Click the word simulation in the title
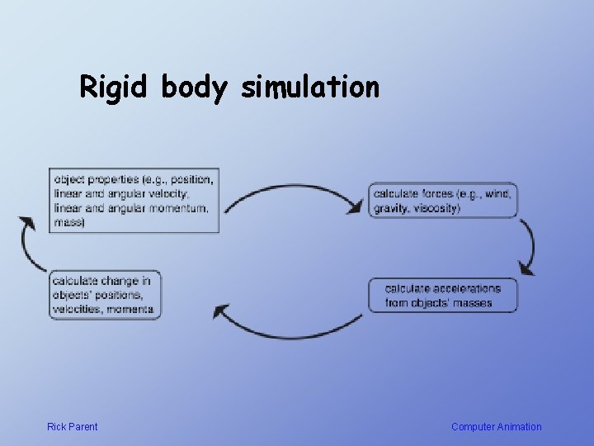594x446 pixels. [310, 87]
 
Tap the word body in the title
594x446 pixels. [193, 87]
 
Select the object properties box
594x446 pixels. [134, 201]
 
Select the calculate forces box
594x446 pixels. [443, 201]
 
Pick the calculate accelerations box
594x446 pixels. [443, 296]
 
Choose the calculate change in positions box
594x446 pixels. [105, 295]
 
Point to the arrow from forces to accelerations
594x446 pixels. [528, 246]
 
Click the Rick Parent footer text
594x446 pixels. [72, 427]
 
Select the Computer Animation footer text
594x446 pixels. [496, 427]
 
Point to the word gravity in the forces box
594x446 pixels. [390, 208]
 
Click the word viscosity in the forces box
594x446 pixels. [436, 208]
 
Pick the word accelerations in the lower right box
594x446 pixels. [464, 289]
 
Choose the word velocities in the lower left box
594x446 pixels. [76, 309]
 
